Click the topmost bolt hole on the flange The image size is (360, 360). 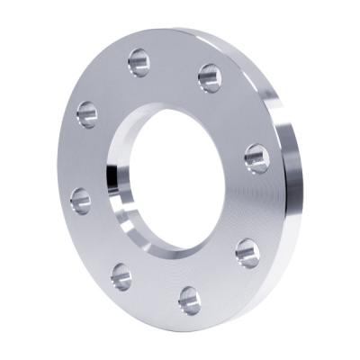point(139,62)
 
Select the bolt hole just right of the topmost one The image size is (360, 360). point(210,77)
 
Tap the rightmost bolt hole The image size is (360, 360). point(256,158)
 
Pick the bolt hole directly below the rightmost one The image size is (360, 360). point(247,252)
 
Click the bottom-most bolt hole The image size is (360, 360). point(190,299)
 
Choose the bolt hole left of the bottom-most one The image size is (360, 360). point(121,276)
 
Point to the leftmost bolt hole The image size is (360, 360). point(81,200)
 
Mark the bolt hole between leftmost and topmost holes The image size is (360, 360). point(87,113)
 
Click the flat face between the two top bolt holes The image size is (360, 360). point(174,63)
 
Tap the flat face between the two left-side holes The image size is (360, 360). point(79,157)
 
